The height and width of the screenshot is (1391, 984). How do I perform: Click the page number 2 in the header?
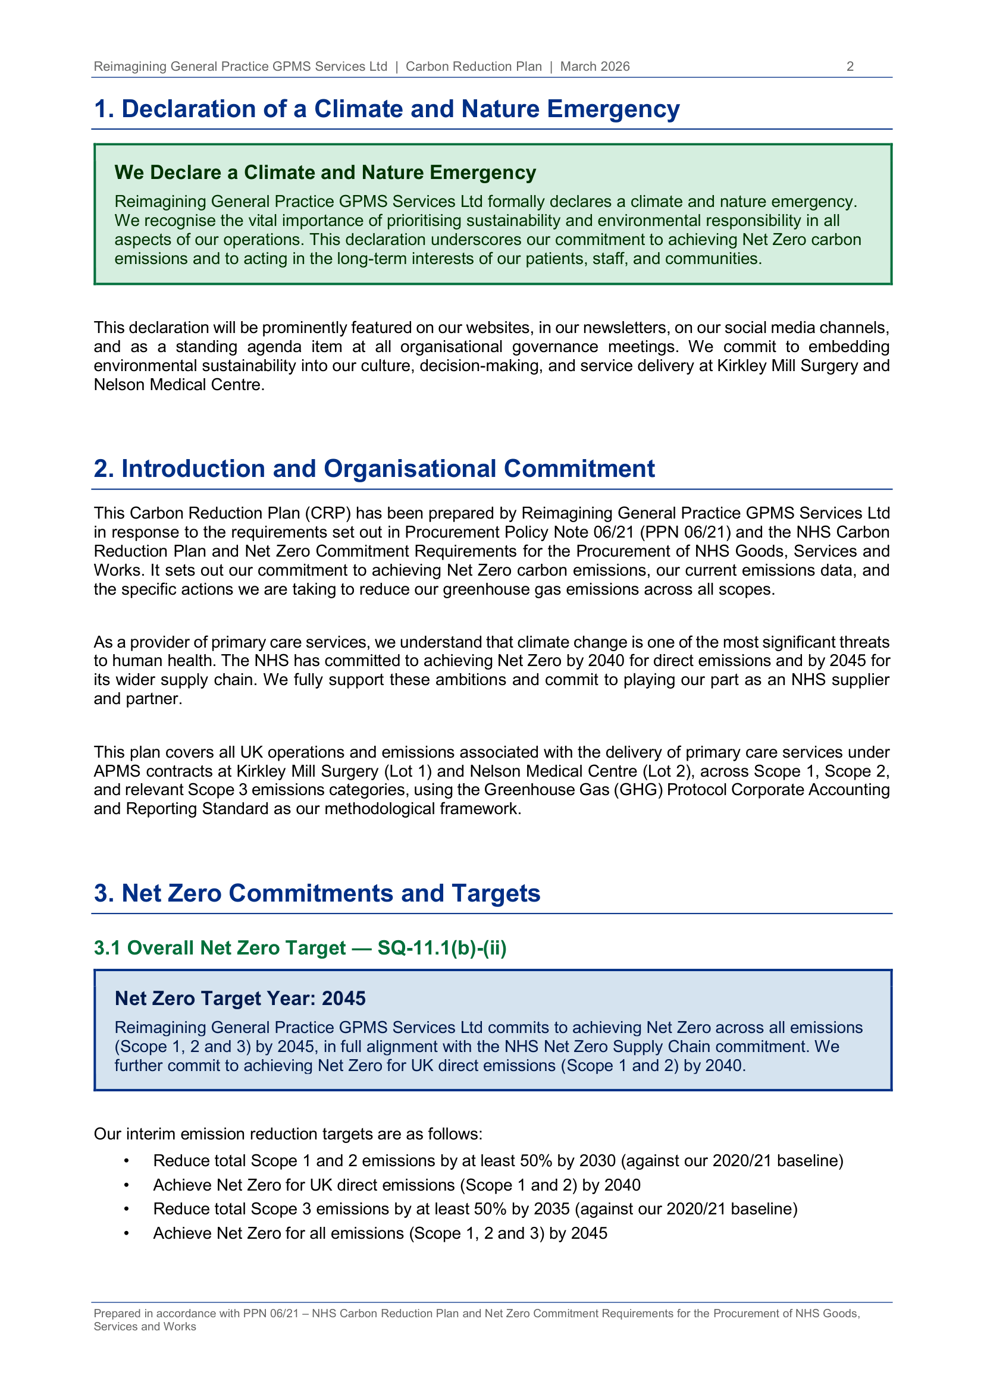tap(850, 67)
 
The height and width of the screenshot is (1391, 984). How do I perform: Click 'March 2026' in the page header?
tap(594, 67)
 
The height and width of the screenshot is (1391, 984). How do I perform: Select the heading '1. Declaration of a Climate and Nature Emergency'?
tap(387, 109)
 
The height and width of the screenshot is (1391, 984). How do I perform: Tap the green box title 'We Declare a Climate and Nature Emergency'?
tap(325, 172)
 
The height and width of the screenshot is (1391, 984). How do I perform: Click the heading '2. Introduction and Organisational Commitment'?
tap(374, 469)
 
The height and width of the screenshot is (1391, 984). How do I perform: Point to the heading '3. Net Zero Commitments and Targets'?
tap(317, 894)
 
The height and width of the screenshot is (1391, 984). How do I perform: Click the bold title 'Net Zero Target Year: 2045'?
tap(240, 998)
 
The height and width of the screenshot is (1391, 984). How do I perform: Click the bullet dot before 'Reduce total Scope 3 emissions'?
tap(126, 1209)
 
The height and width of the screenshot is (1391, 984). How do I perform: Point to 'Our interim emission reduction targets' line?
tap(288, 1134)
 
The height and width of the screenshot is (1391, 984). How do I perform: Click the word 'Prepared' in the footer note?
tap(117, 1314)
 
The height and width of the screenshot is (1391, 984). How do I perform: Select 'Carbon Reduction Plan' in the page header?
tap(473, 67)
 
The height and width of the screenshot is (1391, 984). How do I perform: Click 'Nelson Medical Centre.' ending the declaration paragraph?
tap(178, 385)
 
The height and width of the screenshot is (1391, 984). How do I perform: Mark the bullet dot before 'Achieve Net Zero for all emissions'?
tap(126, 1233)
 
